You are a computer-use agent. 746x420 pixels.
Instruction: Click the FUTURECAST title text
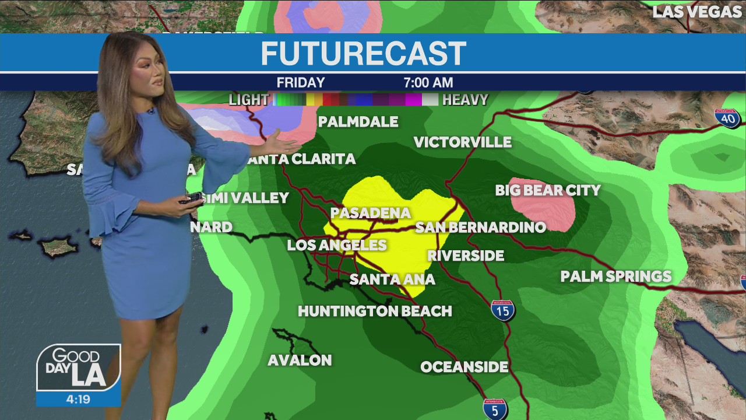[x=363, y=54]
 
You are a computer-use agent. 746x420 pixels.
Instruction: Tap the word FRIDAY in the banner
[x=301, y=83]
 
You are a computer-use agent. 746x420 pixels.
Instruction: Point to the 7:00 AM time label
[x=428, y=83]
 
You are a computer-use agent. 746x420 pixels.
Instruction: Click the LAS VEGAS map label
[x=696, y=12]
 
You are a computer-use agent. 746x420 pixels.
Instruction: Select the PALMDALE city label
[x=358, y=122]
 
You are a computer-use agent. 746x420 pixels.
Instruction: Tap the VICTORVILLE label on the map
[x=462, y=142]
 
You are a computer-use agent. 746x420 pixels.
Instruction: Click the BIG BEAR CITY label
[x=547, y=191]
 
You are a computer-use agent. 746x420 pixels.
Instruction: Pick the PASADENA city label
[x=371, y=213]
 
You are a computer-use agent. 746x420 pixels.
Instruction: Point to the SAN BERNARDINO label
[x=480, y=228]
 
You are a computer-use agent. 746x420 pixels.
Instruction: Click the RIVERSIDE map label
[x=465, y=256]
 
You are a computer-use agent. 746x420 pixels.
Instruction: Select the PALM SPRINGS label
[x=615, y=276]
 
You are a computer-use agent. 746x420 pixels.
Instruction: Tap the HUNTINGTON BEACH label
[x=375, y=311]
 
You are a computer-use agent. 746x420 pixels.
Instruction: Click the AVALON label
[x=300, y=360]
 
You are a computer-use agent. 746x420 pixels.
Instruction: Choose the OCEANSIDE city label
[x=464, y=367]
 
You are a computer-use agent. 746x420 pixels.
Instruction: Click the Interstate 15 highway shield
[x=502, y=310]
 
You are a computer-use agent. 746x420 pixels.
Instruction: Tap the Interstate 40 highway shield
[x=727, y=118]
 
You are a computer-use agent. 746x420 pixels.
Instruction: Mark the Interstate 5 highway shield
[x=494, y=408]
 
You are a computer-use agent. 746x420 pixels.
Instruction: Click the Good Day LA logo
[x=79, y=368]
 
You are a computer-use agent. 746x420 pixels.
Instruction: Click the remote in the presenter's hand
[x=192, y=198]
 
